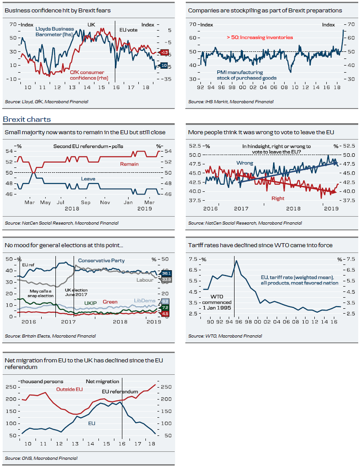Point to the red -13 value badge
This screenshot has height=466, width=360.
[163, 53]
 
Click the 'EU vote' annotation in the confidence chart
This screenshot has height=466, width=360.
[129, 29]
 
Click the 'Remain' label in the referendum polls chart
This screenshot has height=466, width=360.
[129, 164]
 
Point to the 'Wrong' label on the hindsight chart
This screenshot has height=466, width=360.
[244, 163]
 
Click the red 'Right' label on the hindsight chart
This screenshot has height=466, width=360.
[278, 198]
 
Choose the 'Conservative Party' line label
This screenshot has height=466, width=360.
[102, 260]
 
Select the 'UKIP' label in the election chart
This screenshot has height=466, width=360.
[90, 303]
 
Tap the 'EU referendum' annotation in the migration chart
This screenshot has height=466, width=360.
[119, 392]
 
